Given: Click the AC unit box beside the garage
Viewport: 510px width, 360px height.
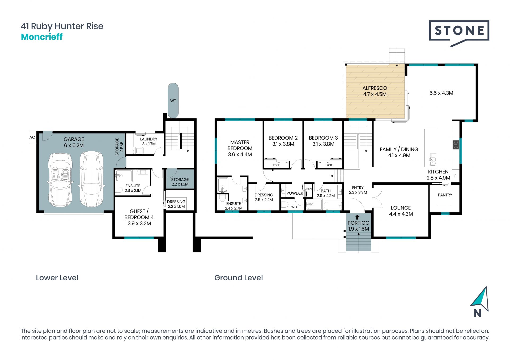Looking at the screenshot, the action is coord(32,137).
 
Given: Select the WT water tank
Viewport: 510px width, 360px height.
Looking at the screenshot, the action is coord(173,100).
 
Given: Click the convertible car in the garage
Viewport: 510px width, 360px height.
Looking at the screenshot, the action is coord(60,180).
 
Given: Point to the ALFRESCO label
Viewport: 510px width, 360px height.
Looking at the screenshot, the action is coord(375,88).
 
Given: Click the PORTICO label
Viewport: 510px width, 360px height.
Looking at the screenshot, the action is coord(358,223).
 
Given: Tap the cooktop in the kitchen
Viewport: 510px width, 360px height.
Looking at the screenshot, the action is coord(456,145).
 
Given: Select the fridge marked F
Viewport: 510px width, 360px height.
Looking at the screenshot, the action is coord(456,176).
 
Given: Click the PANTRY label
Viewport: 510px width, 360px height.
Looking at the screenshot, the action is coord(445,195).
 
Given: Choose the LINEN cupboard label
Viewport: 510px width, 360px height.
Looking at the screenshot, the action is coord(308,189).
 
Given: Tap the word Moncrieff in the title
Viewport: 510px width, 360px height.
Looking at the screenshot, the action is coord(42,37).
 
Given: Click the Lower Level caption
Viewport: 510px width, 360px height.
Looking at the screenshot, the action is coord(57,278).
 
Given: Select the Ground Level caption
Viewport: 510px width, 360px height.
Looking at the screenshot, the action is coord(239,278).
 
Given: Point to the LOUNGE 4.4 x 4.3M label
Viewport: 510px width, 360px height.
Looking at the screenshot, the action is coord(401,211).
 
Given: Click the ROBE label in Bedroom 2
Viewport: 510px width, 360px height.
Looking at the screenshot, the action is coord(276,165).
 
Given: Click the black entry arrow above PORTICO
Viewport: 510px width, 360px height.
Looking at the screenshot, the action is coord(357,217).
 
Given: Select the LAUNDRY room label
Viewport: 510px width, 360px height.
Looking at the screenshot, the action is coord(149,139).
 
